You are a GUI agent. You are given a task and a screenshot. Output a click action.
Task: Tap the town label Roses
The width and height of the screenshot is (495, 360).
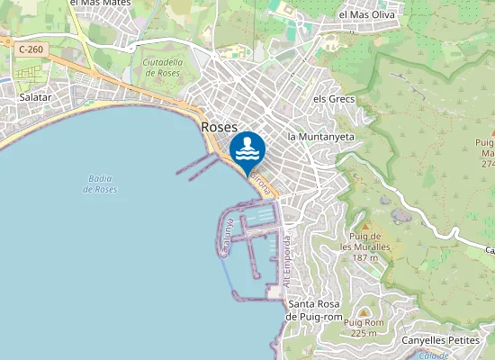pyautogui.click(x=220, y=128)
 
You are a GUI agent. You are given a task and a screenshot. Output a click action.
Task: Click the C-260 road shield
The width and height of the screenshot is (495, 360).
pyautogui.click(x=30, y=49)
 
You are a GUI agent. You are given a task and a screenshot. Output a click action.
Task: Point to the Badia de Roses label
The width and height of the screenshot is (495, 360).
pyautogui.click(x=100, y=184)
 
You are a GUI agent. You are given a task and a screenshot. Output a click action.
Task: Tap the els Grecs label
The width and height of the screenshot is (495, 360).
pyautogui.click(x=334, y=99)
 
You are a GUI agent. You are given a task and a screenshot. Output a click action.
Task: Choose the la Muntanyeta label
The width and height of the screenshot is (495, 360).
pyautogui.click(x=321, y=136)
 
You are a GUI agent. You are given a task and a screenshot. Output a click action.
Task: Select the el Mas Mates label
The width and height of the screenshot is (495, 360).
pyautogui.click(x=100, y=4)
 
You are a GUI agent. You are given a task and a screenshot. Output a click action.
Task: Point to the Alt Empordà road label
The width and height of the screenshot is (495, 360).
pyautogui.click(x=287, y=262)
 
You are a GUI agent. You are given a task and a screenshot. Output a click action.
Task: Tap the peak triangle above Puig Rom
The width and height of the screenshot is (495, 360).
pyautogui.click(x=364, y=310)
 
